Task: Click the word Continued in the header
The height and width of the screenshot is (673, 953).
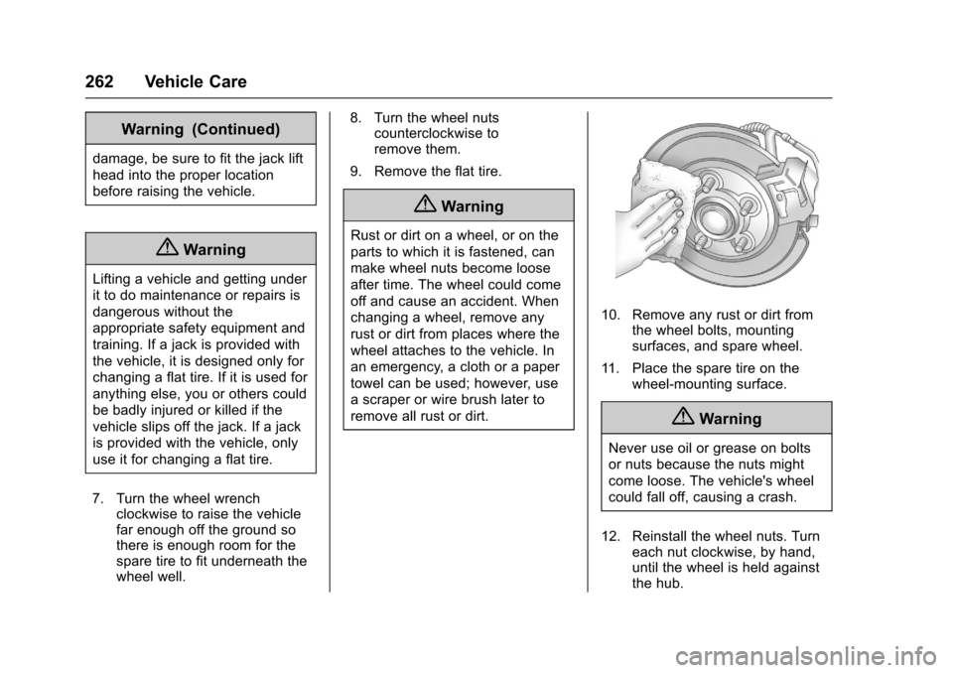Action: tap(240, 129)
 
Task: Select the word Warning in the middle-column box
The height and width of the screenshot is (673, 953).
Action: tap(472, 206)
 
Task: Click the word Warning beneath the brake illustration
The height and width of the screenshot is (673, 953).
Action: tap(730, 419)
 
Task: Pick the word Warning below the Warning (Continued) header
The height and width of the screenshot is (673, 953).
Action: tap(214, 250)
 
